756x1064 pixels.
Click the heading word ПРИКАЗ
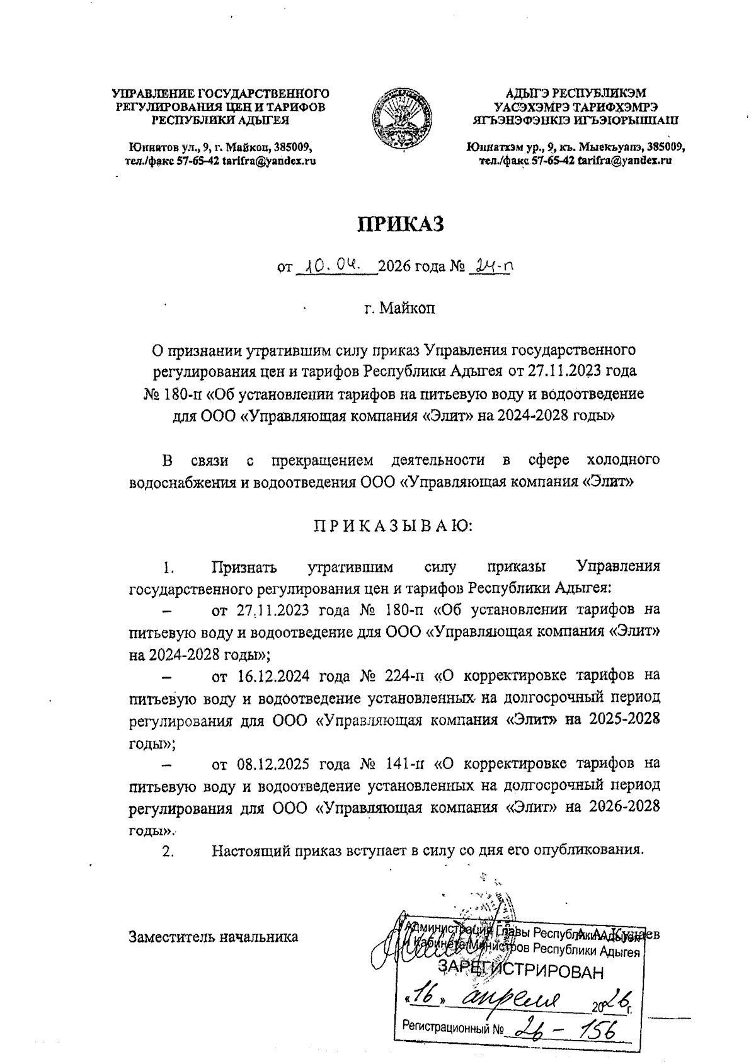[401, 224]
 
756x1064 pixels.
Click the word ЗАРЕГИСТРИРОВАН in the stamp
[520, 971]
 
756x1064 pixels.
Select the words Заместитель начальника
[213, 936]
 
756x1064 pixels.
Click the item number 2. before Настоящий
[168, 851]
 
